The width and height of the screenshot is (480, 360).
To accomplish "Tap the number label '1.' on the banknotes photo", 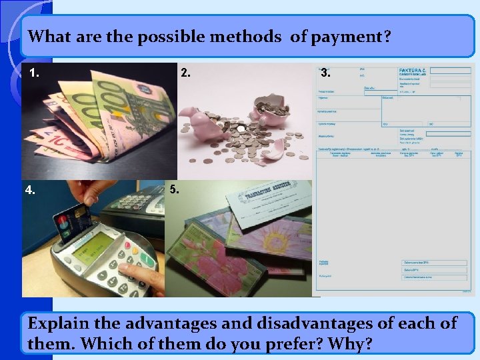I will (35, 73).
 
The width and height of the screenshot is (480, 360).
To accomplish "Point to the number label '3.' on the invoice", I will (325, 73).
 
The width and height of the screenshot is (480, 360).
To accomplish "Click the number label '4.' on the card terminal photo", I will (31, 189).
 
